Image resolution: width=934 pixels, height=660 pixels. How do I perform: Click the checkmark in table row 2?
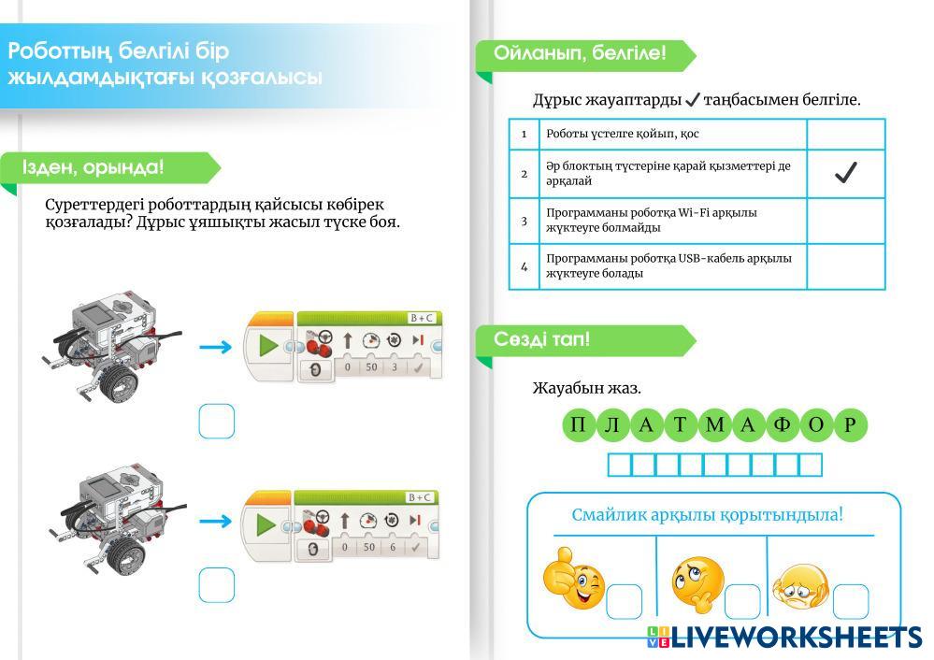tap(845, 173)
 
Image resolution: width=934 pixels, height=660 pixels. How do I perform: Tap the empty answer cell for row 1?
tap(845, 134)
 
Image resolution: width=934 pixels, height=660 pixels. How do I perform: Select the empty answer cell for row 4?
tap(845, 266)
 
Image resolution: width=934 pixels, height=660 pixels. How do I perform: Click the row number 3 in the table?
tap(524, 221)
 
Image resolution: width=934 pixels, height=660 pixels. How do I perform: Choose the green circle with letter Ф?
tap(783, 425)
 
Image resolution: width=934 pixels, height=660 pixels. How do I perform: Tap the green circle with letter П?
tap(579, 425)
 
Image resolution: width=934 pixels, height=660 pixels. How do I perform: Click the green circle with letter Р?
tap(850, 425)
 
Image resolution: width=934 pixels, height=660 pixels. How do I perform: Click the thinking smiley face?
tap(697, 583)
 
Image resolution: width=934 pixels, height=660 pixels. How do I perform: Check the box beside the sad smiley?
tap(850, 601)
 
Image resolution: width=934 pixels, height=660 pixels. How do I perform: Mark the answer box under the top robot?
tap(216, 421)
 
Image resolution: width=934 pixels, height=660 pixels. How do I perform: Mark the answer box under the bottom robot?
tap(216, 584)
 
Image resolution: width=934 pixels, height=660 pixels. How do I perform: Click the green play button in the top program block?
tap(268, 346)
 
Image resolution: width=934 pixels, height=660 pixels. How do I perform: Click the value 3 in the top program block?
tap(395, 367)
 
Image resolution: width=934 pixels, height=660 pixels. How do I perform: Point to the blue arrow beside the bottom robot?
tap(215, 522)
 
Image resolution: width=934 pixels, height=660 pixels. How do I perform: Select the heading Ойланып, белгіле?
tap(580, 53)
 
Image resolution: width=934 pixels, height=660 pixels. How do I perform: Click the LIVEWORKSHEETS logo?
tap(785, 638)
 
